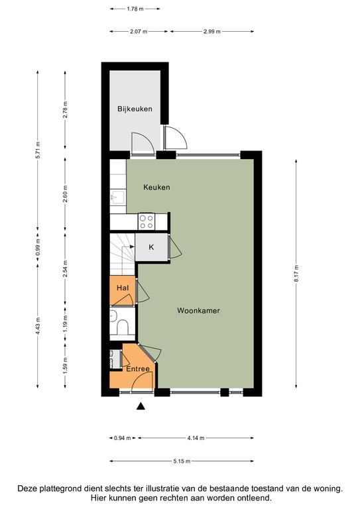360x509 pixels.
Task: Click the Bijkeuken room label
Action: click(x=135, y=109)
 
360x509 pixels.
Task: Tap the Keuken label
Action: click(x=156, y=188)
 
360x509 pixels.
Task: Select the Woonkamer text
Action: click(x=198, y=311)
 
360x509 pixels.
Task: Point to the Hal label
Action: click(x=123, y=288)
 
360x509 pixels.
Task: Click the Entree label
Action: click(x=138, y=369)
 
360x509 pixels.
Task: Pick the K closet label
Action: click(x=151, y=247)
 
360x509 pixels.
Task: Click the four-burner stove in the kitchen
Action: click(x=147, y=222)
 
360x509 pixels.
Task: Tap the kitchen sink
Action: click(x=118, y=197)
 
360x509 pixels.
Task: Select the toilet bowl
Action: click(x=123, y=327)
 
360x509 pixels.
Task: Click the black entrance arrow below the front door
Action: click(x=141, y=406)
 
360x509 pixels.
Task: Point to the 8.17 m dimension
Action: click(x=297, y=274)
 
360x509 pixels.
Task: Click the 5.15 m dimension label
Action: click(x=182, y=461)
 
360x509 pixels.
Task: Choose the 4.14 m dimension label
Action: click(x=196, y=438)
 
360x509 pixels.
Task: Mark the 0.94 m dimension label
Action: click(x=123, y=438)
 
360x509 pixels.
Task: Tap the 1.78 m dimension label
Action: click(x=135, y=9)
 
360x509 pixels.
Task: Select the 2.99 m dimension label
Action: click(x=212, y=32)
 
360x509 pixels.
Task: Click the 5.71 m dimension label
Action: click(x=38, y=150)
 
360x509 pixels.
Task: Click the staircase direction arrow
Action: click(x=128, y=247)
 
